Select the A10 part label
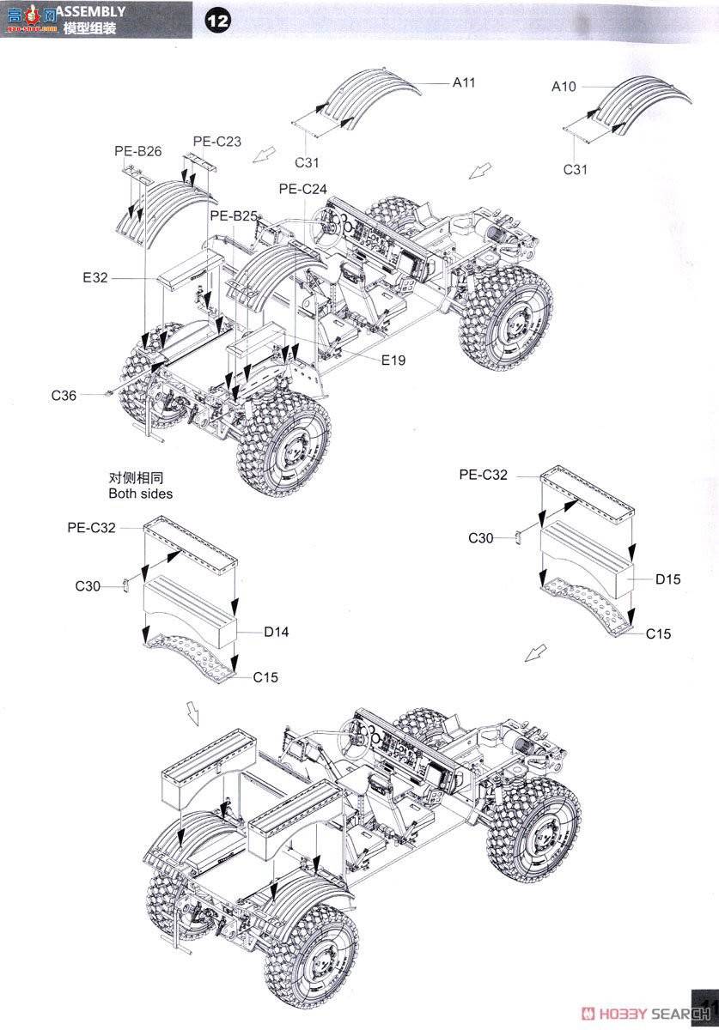[x=564, y=86]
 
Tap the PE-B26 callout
[x=137, y=151]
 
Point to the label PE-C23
[x=216, y=142]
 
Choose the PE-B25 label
[x=234, y=216]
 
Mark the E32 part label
[x=96, y=278]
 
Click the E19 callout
[x=393, y=360]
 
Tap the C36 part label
[x=64, y=395]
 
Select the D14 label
[x=276, y=632]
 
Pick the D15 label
[x=667, y=579]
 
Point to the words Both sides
[x=140, y=494]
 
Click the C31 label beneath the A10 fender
[x=575, y=169]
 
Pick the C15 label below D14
[x=265, y=677]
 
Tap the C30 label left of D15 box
[x=480, y=537]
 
